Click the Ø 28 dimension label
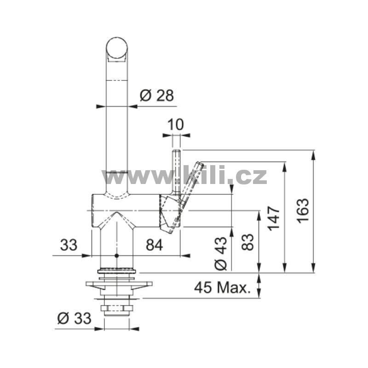pyautogui.click(x=157, y=96)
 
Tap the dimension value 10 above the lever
pyautogui.click(x=176, y=124)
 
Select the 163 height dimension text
pyautogui.click(x=303, y=211)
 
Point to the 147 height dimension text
pyautogui.click(x=274, y=218)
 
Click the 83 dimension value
pyautogui.click(x=248, y=242)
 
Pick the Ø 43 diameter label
pyautogui.click(x=221, y=253)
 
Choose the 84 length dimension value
pyautogui.click(x=154, y=245)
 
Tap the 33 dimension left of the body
pyautogui.click(x=69, y=245)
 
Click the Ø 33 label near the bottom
pyautogui.click(x=74, y=318)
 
